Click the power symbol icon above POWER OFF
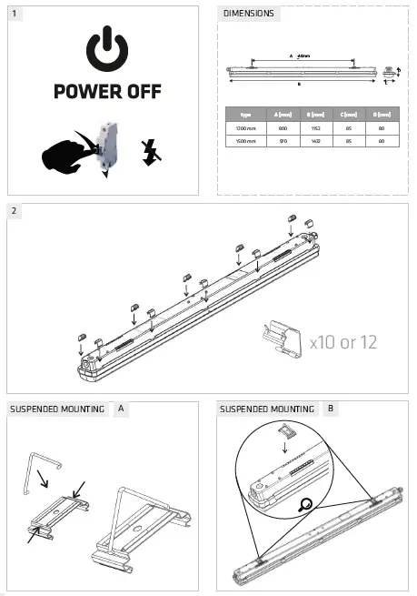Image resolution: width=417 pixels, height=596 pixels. pos(105,51)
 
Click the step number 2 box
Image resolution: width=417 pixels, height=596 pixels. pos(15,212)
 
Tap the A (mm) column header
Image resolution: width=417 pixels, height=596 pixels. pos(282,115)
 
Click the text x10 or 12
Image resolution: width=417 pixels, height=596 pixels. pos(343,342)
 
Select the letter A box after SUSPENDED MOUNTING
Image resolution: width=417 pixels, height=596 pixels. pos(122,410)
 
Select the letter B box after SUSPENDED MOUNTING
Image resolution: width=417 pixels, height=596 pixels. pos(331,410)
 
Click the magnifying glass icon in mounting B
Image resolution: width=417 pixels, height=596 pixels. pos(309,502)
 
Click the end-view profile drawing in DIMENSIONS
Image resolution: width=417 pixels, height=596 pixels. pos(390,74)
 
